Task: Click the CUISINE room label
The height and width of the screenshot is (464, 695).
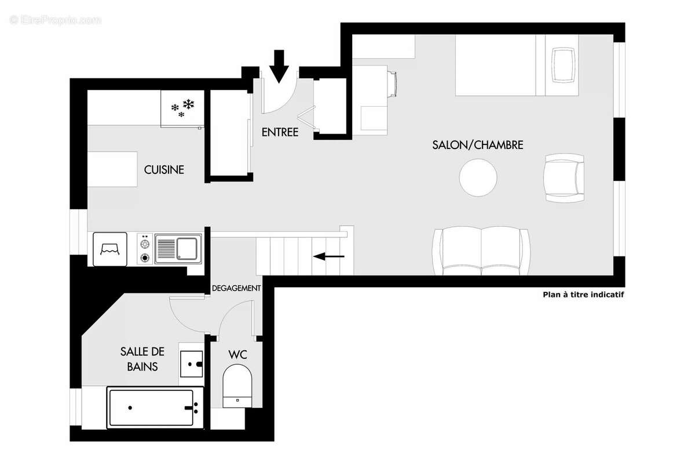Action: [164, 170]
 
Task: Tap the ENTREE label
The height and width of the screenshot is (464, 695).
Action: [280, 132]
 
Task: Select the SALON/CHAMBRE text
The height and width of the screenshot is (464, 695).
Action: [478, 145]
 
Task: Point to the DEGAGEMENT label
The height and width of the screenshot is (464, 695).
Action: [236, 288]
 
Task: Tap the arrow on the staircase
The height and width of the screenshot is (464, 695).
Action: [328, 256]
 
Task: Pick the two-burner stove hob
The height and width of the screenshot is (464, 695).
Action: [144, 248]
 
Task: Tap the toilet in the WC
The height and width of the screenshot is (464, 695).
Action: [237, 383]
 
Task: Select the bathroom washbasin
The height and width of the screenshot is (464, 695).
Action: [191, 364]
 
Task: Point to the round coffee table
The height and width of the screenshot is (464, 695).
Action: [478, 177]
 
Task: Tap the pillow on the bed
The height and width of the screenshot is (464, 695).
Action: [564, 66]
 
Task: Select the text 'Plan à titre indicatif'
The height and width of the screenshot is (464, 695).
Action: [583, 295]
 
